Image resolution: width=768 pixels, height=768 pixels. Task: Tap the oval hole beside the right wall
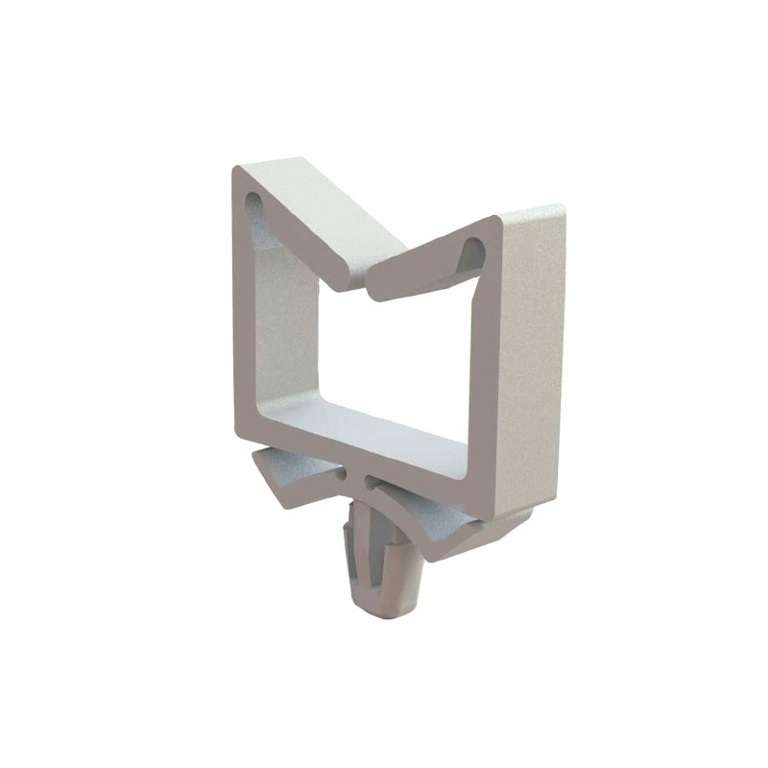point(472,252)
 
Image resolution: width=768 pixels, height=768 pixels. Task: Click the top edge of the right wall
point(528,213)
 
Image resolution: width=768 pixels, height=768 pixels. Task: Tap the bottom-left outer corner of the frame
point(238,432)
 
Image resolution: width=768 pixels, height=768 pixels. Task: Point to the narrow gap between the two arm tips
point(365,288)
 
